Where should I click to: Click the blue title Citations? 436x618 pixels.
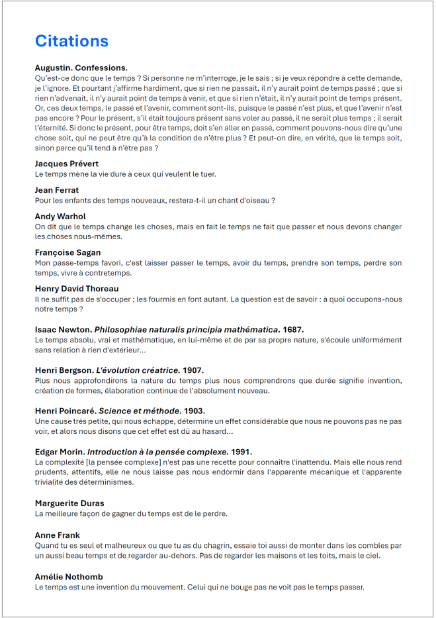71,41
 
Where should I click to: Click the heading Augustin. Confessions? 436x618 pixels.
81,68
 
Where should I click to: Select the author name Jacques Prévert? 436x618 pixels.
67,164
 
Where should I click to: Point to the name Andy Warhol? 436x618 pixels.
60,217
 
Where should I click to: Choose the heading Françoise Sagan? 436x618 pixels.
67,252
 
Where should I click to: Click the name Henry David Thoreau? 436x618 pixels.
77,289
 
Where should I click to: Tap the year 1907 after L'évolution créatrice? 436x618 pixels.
193,370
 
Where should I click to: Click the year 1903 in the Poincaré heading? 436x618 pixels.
195,411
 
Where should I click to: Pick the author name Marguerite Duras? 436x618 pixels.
69,503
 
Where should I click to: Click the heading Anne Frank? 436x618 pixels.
58,535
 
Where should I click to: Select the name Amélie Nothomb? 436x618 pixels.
69,576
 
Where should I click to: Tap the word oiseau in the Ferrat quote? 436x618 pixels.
255,200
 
